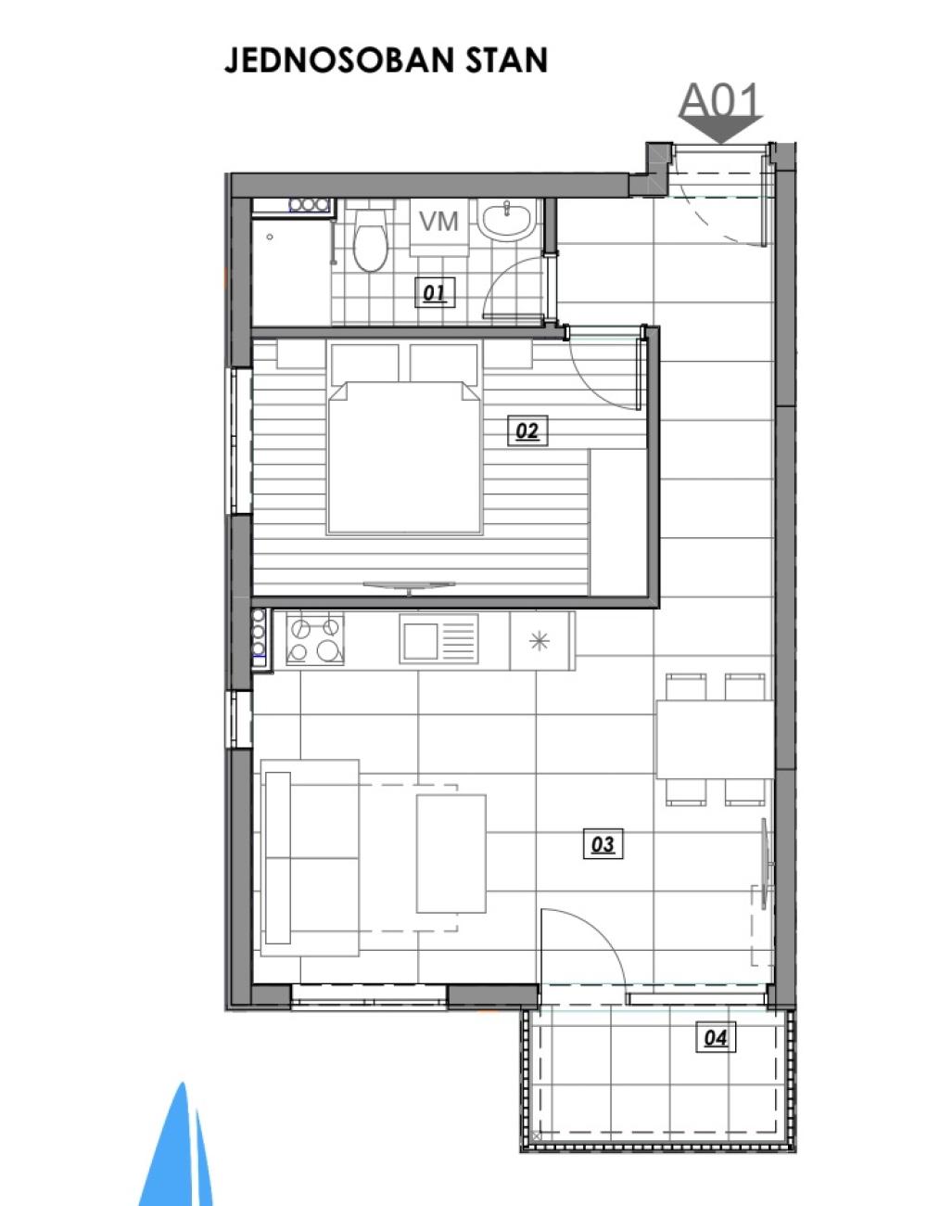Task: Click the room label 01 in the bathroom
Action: [x=434, y=292]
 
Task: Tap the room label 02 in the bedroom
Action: [x=527, y=430]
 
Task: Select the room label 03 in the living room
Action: [x=603, y=844]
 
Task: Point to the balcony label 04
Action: [x=716, y=1037]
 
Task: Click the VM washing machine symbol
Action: [x=439, y=227]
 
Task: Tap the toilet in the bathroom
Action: [x=371, y=237]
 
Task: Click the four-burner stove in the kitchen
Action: [x=315, y=639]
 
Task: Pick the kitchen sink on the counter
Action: [x=438, y=639]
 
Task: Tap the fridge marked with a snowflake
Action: [x=541, y=641]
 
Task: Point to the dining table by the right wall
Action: [x=715, y=739]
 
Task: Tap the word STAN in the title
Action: [x=505, y=60]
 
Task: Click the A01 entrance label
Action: [x=719, y=100]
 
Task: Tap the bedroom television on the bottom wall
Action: [x=409, y=586]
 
